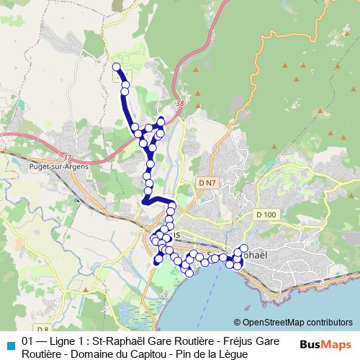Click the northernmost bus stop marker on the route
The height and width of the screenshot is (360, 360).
coord(116,67)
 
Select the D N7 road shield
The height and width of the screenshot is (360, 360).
coord(206,184)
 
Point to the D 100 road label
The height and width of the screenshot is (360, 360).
coord(266,215)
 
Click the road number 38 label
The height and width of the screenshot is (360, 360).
coord(179,105)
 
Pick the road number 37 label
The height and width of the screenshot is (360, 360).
coord(68,158)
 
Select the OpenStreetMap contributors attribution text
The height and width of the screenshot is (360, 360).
coord(298,323)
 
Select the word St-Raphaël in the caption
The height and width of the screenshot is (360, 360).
coord(109,341)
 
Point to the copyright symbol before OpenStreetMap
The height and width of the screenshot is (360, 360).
coord(238,323)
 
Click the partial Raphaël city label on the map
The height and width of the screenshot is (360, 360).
coord(253,255)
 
